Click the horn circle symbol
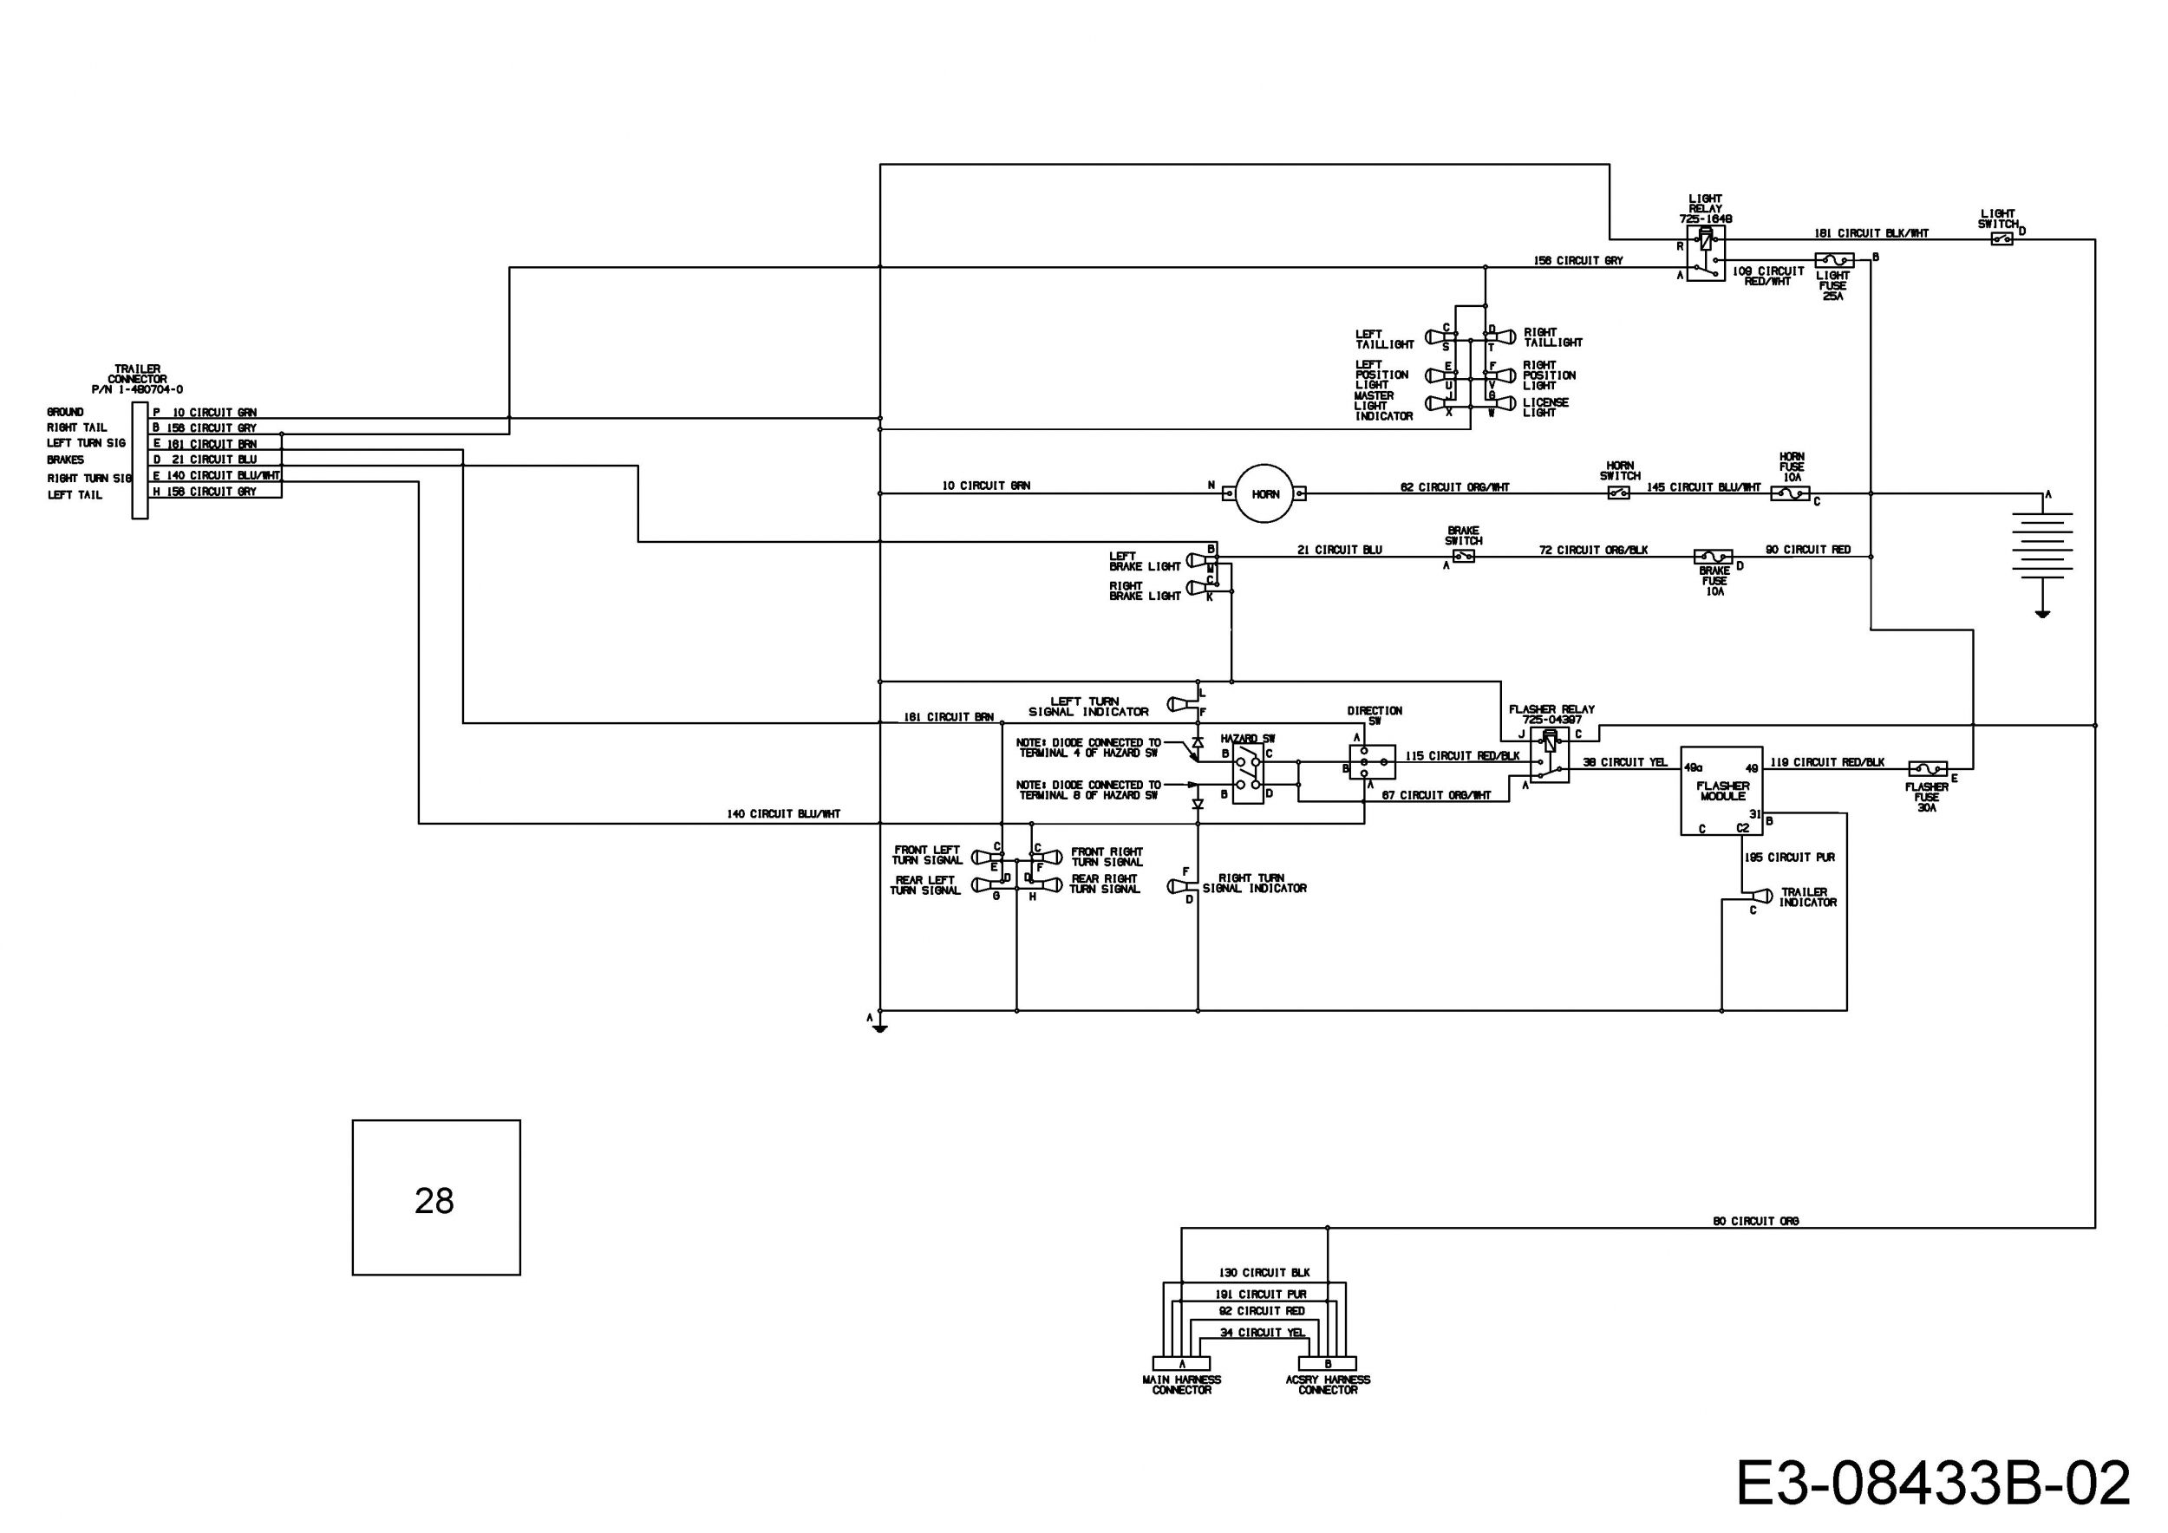coord(1264,493)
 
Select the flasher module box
coord(1721,791)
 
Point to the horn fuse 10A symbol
coord(1790,493)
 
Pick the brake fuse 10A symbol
coord(1713,557)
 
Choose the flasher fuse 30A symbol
coord(1927,769)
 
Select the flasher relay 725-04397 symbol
coord(1550,754)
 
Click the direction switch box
coord(1372,760)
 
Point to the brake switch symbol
coord(1463,557)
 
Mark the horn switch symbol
coord(1618,493)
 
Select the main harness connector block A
coord(1181,1363)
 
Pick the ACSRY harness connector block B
coord(1328,1363)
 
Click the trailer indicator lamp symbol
coord(1760,896)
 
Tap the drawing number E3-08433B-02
coord(1933,1483)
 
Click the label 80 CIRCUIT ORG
coord(1755,1221)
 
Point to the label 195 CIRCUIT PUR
coord(1789,858)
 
